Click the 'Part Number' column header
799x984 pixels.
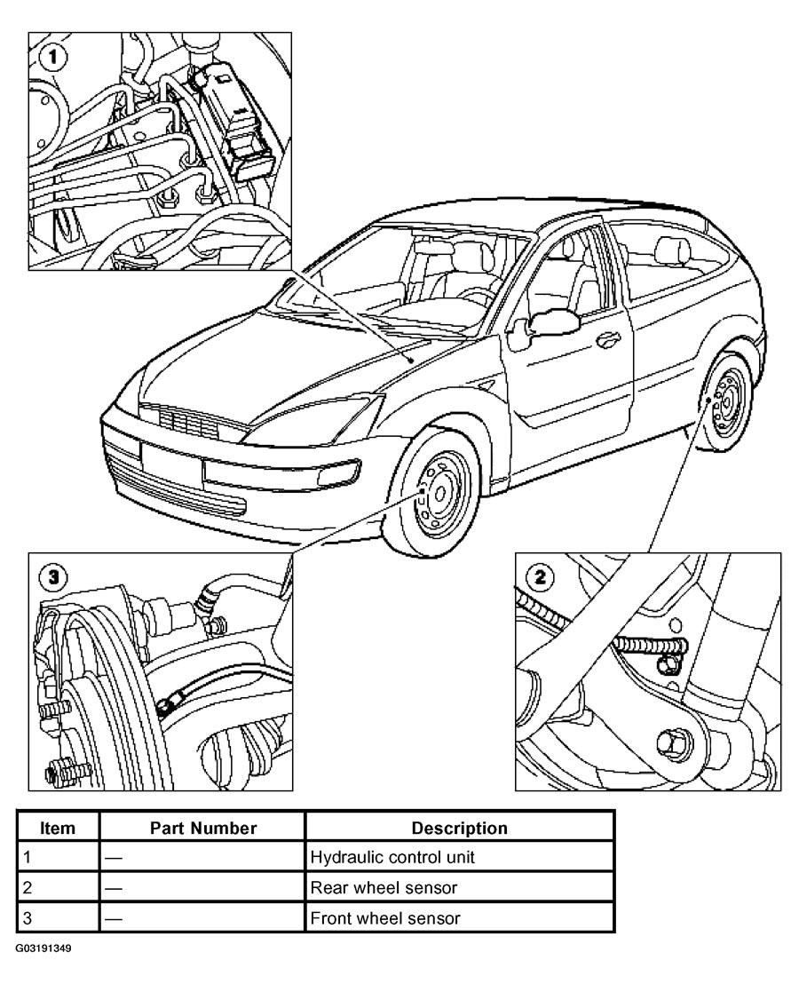202,828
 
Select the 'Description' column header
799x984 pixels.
459,828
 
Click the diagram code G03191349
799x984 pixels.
43,948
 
